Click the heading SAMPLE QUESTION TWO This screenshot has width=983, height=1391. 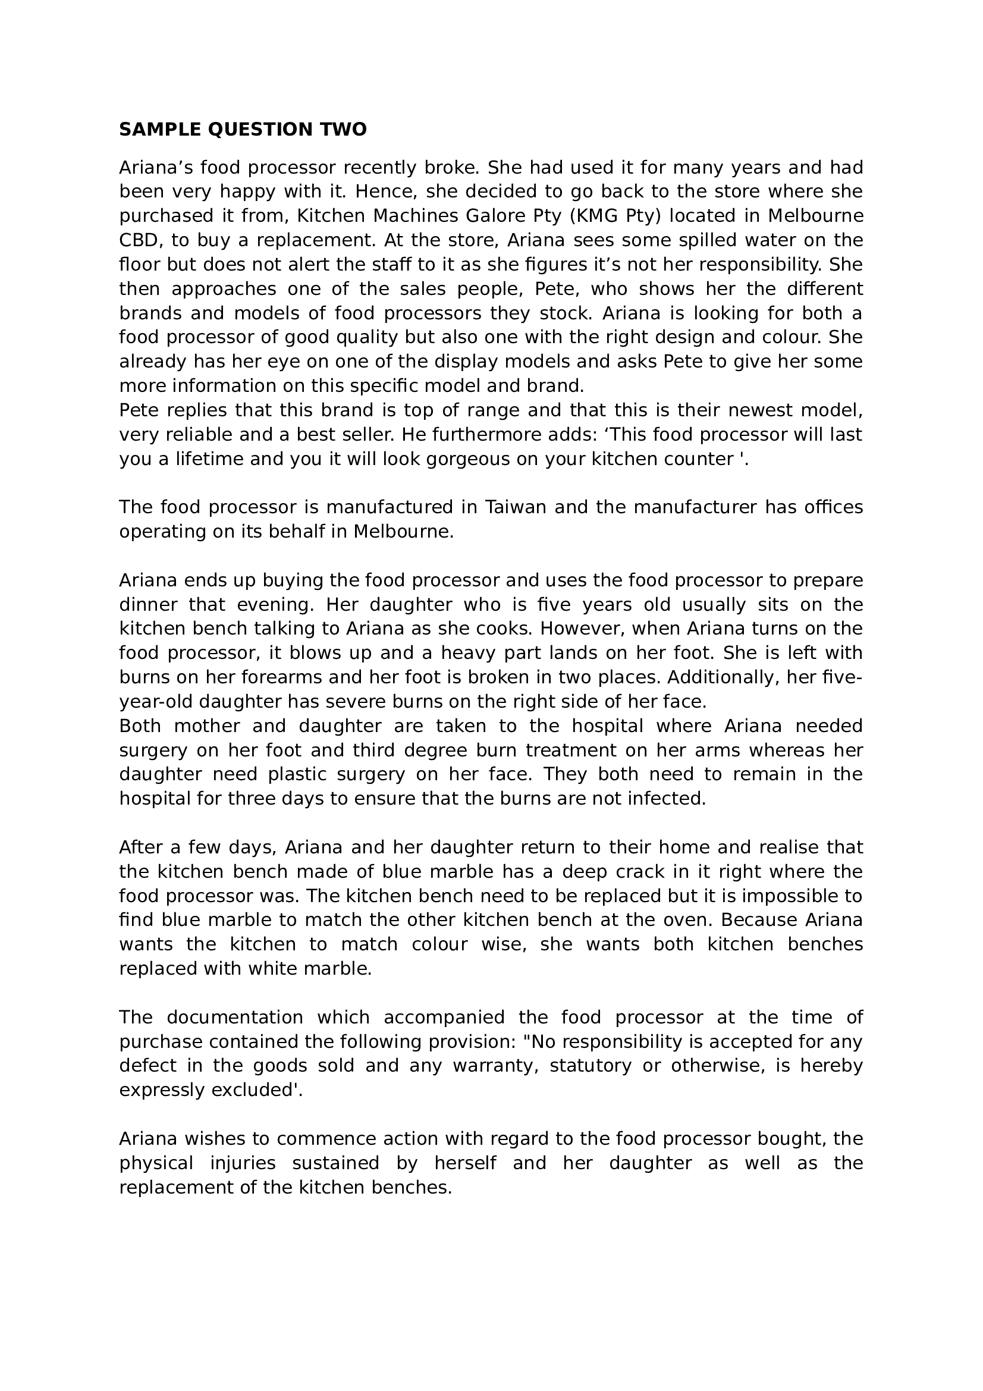[243, 130]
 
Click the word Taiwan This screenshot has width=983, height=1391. [516, 507]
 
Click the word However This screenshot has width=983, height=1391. [579, 629]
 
